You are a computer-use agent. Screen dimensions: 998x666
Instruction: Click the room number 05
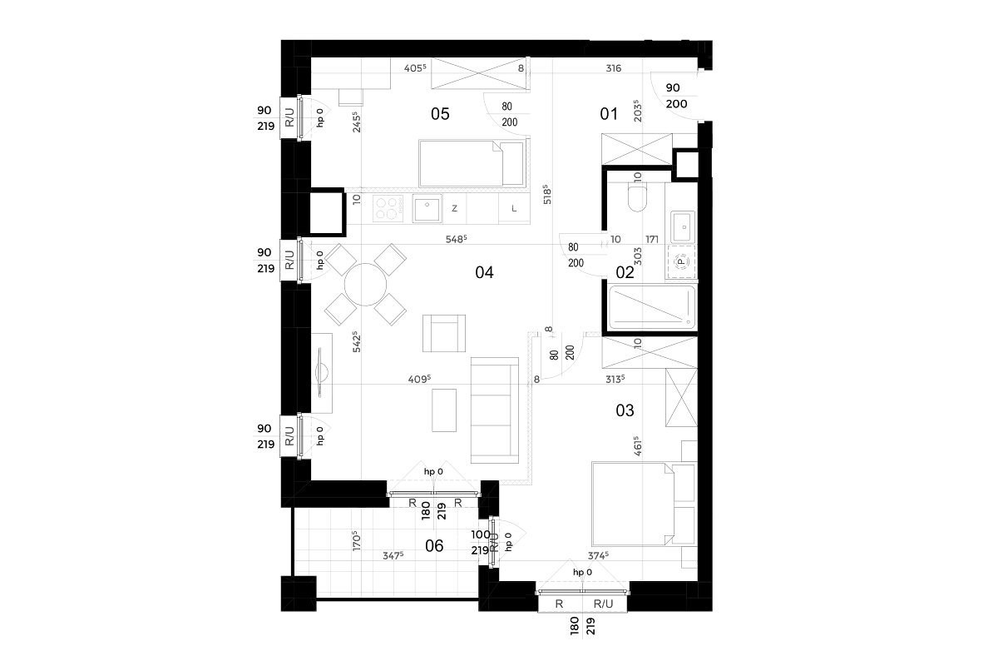pos(440,114)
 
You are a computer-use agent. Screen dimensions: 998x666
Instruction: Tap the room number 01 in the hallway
pos(609,114)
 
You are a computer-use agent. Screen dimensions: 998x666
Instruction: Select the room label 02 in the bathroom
pos(625,272)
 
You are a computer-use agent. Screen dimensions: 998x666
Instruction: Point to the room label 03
pos(625,410)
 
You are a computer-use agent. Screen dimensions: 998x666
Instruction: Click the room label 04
pos(484,272)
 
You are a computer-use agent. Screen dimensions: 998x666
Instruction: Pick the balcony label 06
pos(434,545)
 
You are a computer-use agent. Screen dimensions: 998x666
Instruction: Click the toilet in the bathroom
pos(637,197)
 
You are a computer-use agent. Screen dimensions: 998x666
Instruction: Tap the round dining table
pos(365,284)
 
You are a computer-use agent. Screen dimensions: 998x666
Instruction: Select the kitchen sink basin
pos(427,209)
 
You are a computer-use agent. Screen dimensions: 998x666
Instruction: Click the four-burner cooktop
pos(386,208)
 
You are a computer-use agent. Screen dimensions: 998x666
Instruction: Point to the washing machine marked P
pos(681,262)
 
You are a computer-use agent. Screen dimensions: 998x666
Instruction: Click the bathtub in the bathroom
pos(652,307)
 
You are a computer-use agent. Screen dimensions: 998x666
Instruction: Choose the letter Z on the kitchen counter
pos(454,208)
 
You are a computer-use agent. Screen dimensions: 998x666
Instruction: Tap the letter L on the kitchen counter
pos(514,208)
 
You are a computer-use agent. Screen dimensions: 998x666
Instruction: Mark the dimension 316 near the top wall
pos(614,68)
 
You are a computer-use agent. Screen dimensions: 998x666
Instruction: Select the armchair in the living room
pos(444,333)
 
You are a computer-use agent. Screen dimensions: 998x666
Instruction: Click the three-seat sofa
pos(495,410)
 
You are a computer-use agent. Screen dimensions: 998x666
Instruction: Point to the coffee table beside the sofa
pos(444,410)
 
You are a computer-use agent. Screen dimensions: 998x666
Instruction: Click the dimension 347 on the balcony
pos(393,556)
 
